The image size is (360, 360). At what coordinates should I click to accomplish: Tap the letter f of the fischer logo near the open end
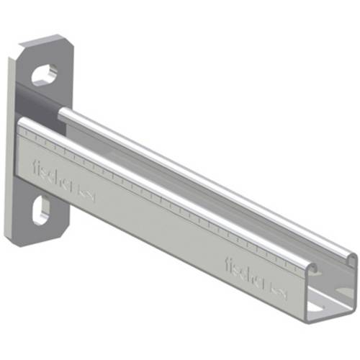click(x=229, y=259)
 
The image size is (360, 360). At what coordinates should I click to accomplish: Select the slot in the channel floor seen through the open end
click(x=321, y=307)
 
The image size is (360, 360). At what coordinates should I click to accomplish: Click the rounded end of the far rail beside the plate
click(x=63, y=113)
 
